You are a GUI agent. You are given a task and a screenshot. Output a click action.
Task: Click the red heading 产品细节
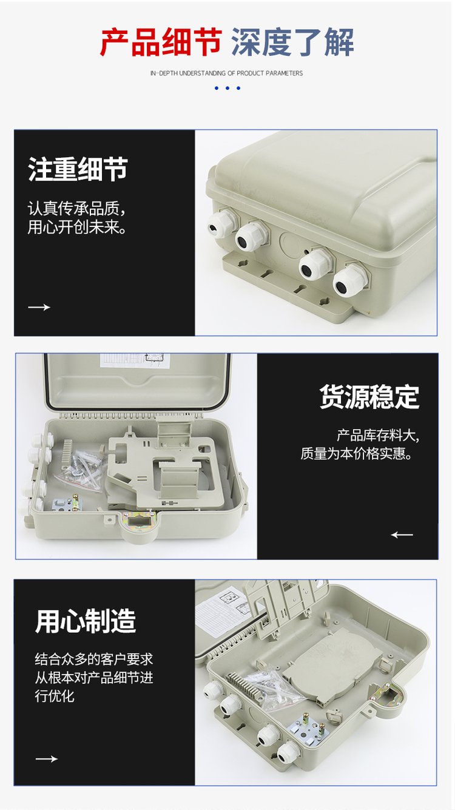click(161, 42)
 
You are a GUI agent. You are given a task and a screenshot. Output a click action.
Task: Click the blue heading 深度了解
click(292, 42)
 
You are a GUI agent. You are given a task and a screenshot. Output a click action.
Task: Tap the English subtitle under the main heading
click(226, 73)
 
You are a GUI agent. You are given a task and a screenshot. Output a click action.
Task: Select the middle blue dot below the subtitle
click(227, 88)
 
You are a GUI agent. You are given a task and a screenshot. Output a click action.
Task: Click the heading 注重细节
click(78, 169)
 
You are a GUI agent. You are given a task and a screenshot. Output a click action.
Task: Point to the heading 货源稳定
click(369, 397)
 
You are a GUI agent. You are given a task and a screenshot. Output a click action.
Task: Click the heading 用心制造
click(86, 621)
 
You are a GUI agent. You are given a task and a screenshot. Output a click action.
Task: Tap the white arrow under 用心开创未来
click(39, 307)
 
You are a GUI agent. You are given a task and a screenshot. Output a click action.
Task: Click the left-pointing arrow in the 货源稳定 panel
click(402, 535)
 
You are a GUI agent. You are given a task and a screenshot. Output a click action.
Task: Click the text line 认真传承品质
click(76, 209)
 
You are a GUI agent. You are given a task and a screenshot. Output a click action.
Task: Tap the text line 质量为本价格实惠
click(356, 453)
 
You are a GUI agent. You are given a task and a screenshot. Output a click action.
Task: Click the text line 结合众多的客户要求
click(93, 659)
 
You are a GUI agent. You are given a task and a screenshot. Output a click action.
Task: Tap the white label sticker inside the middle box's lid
click(132, 360)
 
